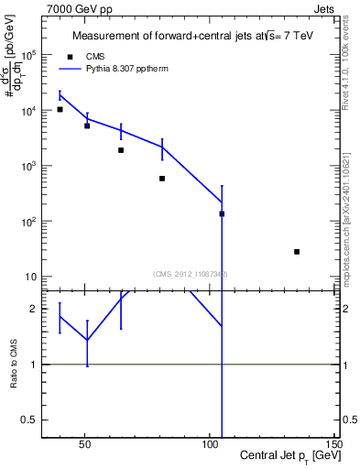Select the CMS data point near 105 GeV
[222, 213]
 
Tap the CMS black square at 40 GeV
[60, 109]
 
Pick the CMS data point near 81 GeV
[162, 179]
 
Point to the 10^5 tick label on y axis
[29, 55]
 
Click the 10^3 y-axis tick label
[29, 166]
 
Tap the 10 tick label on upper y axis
[31, 277]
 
